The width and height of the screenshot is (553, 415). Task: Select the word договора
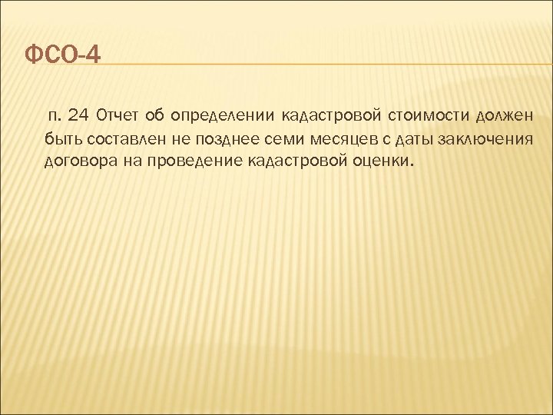point(80,161)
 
